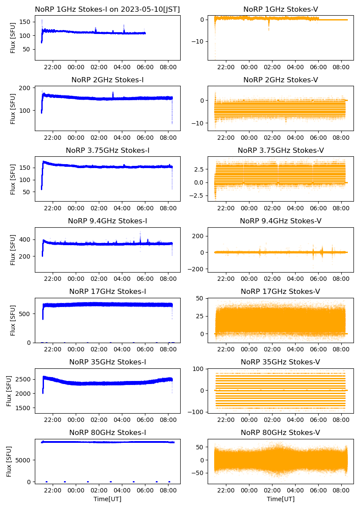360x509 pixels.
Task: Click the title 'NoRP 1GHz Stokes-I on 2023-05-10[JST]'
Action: (x=107, y=9)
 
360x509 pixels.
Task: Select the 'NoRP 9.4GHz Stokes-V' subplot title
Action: (x=280, y=221)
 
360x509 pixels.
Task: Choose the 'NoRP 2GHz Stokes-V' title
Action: (x=280, y=80)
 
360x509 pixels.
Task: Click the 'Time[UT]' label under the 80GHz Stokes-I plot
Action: (x=107, y=499)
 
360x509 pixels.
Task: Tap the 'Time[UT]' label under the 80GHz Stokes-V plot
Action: (x=280, y=499)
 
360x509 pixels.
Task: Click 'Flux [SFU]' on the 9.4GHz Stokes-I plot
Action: (x=13, y=250)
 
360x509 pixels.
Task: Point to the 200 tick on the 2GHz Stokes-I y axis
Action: (x=26, y=88)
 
